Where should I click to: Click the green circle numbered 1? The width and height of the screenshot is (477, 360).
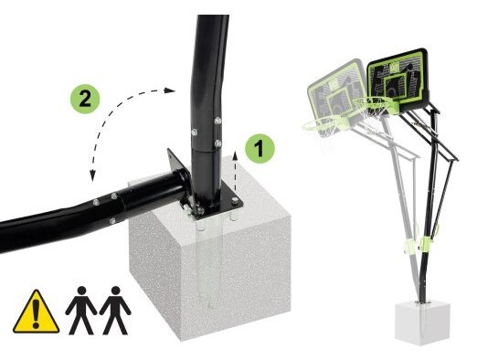260,148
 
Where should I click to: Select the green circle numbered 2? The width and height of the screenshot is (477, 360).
85,99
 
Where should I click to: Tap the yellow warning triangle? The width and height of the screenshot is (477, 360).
36,312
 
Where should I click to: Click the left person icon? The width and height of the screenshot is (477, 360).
81,310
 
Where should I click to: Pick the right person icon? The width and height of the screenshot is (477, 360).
115,310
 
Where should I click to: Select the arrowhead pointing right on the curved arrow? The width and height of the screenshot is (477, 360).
169,90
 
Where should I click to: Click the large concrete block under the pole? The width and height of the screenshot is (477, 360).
210,262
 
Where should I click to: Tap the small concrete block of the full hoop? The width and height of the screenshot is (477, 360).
421,323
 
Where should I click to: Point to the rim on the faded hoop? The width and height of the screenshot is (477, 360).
318,124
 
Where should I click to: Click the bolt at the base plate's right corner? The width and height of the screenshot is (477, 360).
234,200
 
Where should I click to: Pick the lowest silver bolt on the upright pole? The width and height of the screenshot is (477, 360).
217,143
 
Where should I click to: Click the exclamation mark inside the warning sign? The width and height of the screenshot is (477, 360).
37,313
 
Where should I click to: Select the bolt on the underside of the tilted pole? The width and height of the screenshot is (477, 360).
112,221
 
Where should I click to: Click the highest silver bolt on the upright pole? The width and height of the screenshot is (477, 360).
217,121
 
